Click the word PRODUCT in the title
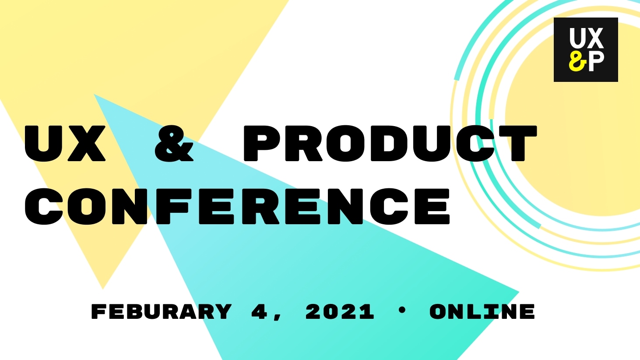(x=390, y=143)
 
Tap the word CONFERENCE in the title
(x=237, y=206)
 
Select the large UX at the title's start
(x=65, y=144)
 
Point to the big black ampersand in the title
(x=174, y=143)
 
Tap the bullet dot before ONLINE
(x=402, y=310)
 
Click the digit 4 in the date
(x=260, y=311)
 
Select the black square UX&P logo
(x=586, y=50)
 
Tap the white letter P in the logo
(x=597, y=61)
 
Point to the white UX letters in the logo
(x=586, y=38)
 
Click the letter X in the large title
(x=87, y=144)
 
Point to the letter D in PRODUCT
(x=389, y=143)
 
